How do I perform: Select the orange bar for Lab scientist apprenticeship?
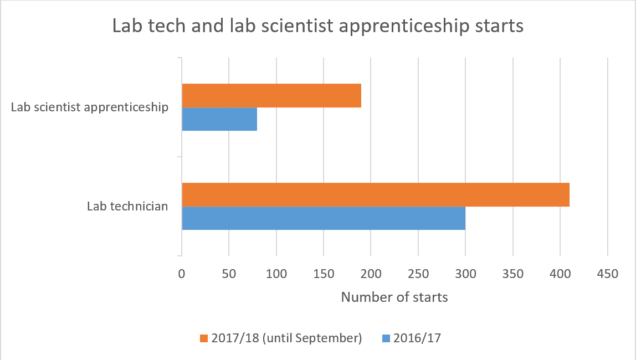(x=271, y=96)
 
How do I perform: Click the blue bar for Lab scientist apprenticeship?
(x=219, y=119)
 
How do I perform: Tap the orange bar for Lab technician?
(x=376, y=194)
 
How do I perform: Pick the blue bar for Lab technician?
(x=324, y=218)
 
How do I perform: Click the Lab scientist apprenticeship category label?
(x=90, y=107)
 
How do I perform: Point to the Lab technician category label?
(x=127, y=207)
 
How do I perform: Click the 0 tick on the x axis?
(x=181, y=274)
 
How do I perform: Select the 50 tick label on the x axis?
(x=229, y=274)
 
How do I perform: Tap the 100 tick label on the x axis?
(x=276, y=274)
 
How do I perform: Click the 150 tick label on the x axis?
(x=324, y=274)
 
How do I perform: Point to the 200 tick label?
(x=371, y=274)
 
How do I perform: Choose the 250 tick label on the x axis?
(x=418, y=274)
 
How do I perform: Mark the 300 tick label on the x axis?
(x=465, y=274)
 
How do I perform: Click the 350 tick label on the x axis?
(x=513, y=274)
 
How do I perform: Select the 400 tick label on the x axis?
(x=560, y=274)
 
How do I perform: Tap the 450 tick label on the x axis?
(x=608, y=274)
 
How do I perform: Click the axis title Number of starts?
(x=394, y=297)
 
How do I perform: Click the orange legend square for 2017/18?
(x=203, y=338)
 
